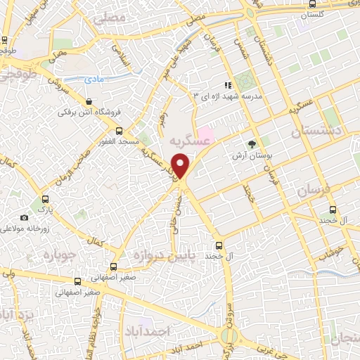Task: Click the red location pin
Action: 181,166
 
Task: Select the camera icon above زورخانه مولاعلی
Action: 25,218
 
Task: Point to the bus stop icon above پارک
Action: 46,200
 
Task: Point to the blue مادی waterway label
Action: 94,80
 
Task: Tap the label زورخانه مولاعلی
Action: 30,229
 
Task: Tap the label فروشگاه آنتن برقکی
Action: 90,112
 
